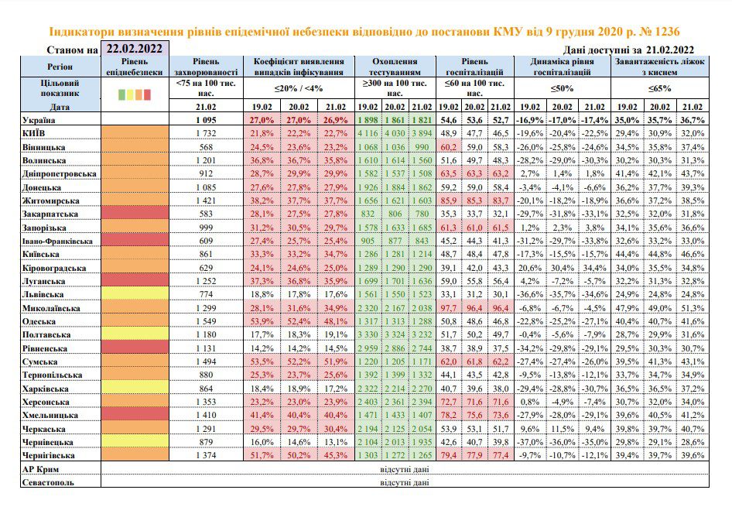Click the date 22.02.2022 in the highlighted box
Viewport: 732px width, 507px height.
click(135, 49)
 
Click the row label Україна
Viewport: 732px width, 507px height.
click(39, 120)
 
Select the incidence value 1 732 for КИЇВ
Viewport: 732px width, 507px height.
click(206, 133)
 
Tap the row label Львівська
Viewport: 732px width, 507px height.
click(43, 295)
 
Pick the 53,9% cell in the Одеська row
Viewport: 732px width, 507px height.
click(262, 321)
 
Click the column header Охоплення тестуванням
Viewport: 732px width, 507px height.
click(395, 67)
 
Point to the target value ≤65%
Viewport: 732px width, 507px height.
click(659, 88)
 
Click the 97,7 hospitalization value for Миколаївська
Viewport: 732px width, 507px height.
click(449, 308)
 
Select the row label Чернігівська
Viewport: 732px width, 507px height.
click(49, 455)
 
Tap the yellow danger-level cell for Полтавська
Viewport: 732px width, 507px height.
click(135, 334)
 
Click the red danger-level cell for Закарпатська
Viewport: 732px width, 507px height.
click(135, 214)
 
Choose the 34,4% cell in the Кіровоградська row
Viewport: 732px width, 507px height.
click(594, 268)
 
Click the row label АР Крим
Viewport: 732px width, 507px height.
click(40, 469)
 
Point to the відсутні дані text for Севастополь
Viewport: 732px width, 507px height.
click(404, 482)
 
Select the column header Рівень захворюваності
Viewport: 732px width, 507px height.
click(206, 67)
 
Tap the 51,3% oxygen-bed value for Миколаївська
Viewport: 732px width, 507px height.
click(693, 308)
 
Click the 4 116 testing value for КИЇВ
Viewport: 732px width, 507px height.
click(368, 133)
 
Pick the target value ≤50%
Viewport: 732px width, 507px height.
click(562, 88)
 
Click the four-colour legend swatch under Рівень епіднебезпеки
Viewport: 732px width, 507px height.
click(135, 94)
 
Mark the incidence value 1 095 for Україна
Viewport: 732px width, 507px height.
click(206, 120)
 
